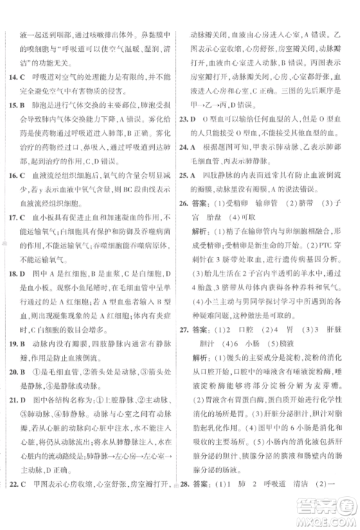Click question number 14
click(x=9, y=75)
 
